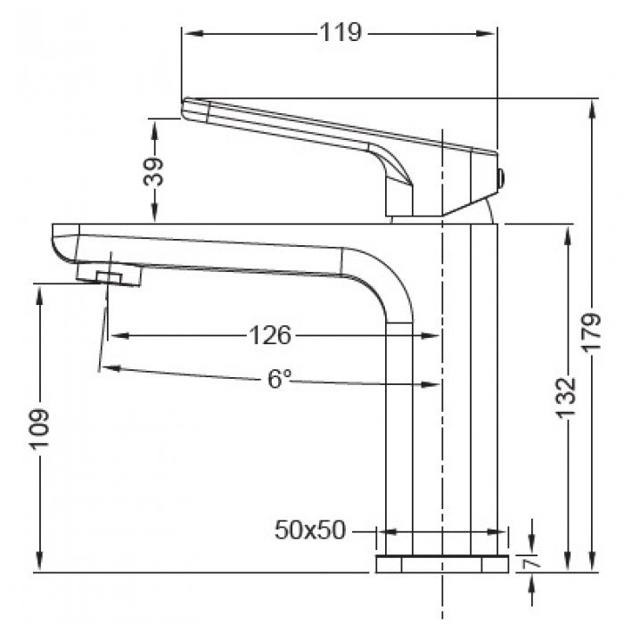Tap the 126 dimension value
coord(269,335)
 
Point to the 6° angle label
coord(279,379)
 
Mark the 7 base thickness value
coord(533,563)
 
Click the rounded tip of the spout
coord(60,243)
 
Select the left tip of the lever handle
coord(187,109)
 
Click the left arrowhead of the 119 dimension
coord(188,34)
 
